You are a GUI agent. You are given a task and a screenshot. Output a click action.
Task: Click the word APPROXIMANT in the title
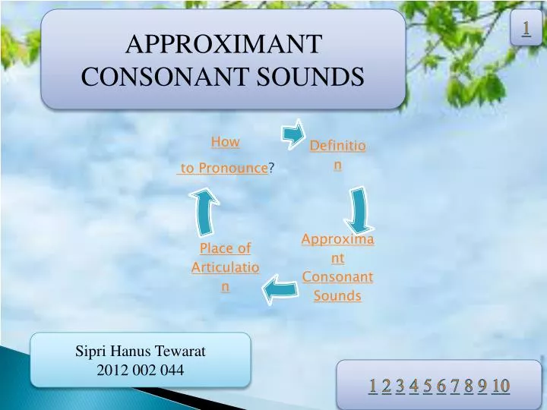point(222,45)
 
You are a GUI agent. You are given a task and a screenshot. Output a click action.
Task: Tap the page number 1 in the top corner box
point(525,28)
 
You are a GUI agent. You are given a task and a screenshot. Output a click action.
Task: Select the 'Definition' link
point(337,154)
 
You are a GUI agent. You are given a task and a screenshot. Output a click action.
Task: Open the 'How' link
point(225,142)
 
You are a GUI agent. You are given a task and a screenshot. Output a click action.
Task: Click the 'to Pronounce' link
point(223,169)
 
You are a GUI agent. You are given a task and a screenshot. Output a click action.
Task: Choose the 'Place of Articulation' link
point(225,267)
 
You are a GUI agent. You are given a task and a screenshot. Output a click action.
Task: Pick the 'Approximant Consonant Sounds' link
point(337,267)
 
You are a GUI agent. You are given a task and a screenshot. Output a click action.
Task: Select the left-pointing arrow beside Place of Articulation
point(280,288)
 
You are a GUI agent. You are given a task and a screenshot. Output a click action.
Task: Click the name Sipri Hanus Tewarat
point(141,352)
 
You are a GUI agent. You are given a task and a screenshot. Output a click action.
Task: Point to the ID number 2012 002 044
point(141,370)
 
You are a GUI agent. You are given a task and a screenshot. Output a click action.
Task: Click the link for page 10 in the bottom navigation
point(500,386)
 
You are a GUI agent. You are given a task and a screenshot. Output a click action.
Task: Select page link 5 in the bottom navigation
point(427,386)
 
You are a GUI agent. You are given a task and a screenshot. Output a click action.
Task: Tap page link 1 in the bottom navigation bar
point(373,386)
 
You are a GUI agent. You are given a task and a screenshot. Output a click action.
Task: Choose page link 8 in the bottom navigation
point(469,386)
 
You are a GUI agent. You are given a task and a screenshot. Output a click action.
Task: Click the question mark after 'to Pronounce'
point(271,169)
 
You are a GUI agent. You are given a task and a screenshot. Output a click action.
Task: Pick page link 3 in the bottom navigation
point(400,386)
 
